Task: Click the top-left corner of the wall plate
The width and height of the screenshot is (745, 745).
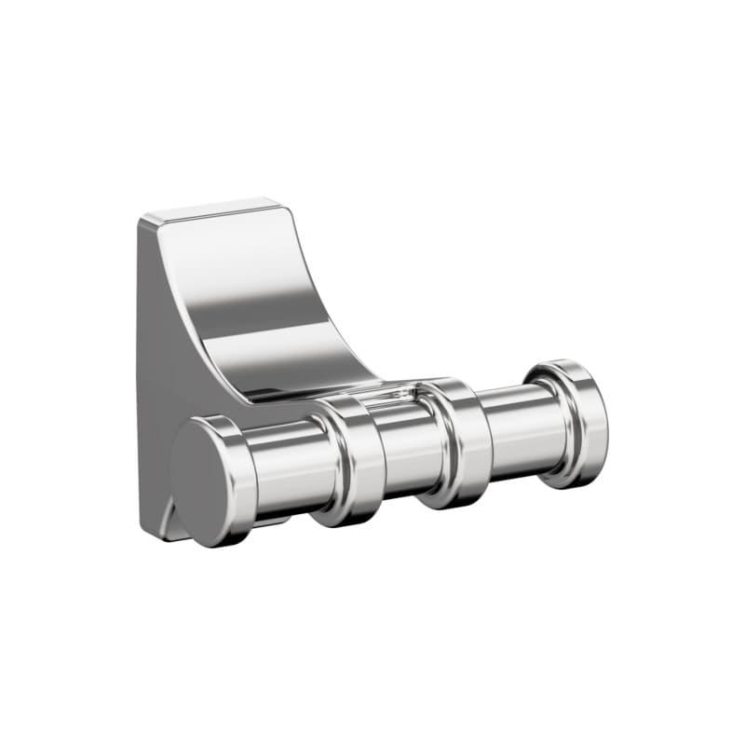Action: pyautogui.click(x=144, y=220)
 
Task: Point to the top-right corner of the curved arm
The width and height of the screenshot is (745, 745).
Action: pyautogui.click(x=278, y=200)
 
